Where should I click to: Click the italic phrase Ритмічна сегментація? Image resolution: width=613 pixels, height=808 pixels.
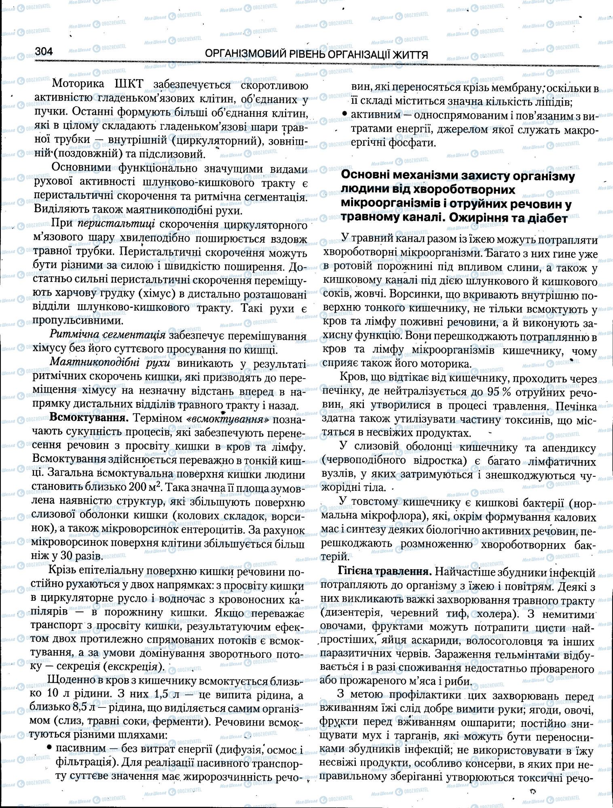tap(107, 335)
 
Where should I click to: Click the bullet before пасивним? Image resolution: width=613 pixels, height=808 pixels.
tap(49, 748)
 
